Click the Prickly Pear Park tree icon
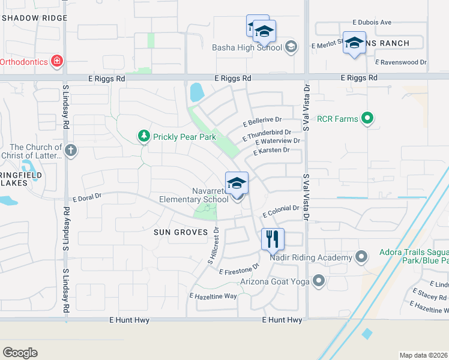point(143,137)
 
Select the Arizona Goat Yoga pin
point(318,281)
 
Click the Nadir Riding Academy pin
point(361,257)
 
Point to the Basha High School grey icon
point(291,47)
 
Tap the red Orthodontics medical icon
point(57,61)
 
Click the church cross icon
point(71,150)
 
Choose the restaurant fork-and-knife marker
point(273,239)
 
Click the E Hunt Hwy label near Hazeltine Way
point(282,320)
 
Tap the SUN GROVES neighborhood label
point(180,232)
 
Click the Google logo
point(20,353)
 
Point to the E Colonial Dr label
point(280,211)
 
